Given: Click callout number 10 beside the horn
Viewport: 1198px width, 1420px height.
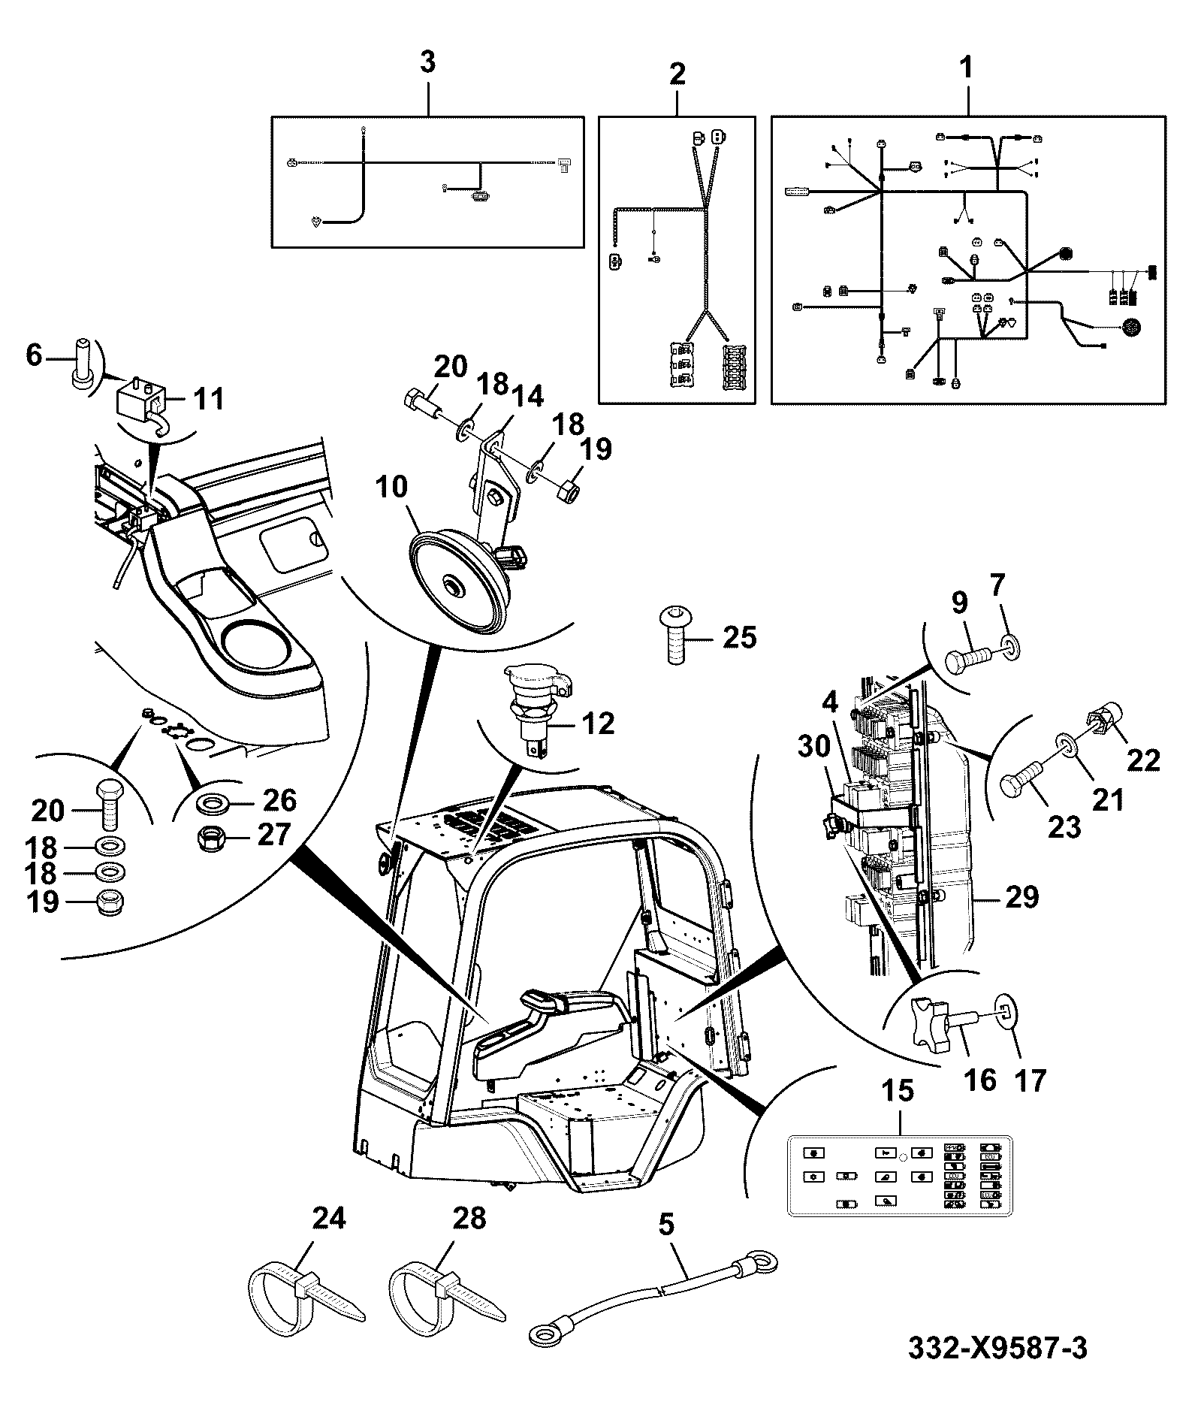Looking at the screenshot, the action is pos(391,488).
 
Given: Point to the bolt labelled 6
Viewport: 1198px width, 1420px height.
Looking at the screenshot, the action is pos(81,364).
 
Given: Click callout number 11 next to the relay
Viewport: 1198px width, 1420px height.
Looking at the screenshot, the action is pos(209,397).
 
